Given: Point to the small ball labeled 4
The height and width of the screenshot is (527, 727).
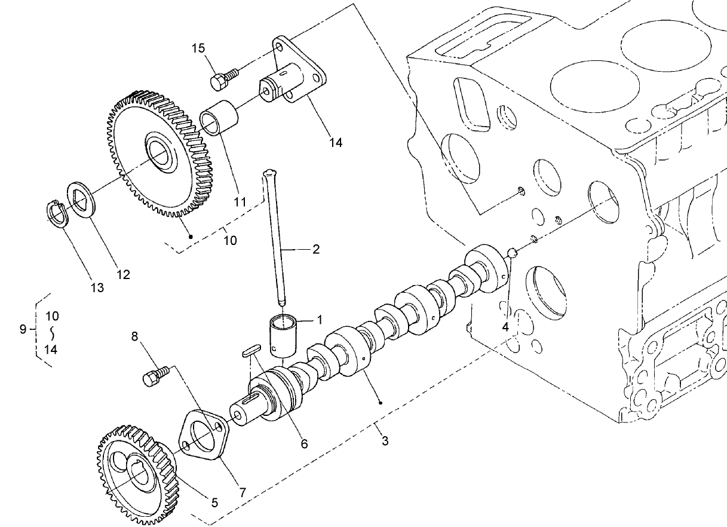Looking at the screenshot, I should (512, 252).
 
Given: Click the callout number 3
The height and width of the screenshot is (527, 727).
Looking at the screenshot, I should (385, 442).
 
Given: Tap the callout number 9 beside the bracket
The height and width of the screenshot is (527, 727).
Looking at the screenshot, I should (23, 329).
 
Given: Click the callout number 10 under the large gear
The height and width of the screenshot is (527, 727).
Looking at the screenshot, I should (230, 240).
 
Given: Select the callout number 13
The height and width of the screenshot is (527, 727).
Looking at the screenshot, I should (97, 287).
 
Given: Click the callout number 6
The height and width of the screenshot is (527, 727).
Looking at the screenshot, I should (304, 444).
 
